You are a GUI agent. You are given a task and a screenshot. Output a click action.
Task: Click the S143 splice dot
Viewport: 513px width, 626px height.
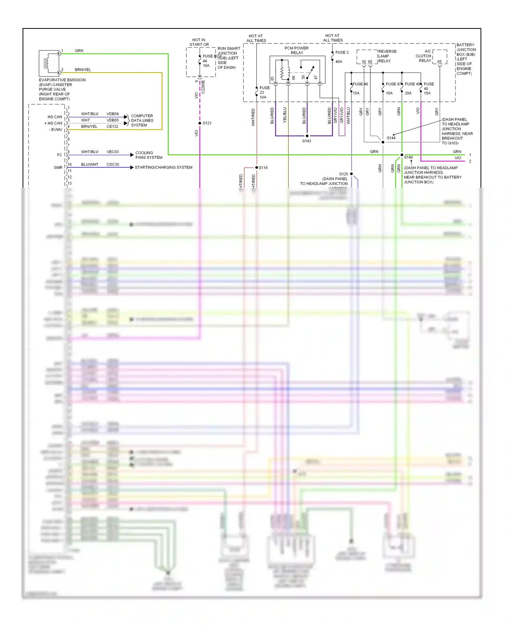[307, 136]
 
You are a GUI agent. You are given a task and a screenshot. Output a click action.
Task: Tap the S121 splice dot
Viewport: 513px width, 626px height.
[200, 123]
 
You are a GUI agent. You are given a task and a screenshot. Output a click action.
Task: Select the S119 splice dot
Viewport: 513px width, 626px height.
[256, 167]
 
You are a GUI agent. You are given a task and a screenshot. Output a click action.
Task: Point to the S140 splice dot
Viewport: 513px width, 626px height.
[402, 155]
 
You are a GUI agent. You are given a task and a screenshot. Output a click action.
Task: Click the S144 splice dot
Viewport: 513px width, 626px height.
[383, 142]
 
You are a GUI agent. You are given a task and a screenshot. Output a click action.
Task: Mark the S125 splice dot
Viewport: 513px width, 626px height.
[351, 174]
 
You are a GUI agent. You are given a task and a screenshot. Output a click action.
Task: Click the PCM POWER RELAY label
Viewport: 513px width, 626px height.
[297, 50]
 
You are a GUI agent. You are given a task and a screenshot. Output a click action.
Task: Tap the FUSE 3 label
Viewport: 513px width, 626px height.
[342, 52]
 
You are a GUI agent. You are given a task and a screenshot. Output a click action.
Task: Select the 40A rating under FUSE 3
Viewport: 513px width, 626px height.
[339, 62]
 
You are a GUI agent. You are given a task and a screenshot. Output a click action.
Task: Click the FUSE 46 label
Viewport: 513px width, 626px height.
[360, 84]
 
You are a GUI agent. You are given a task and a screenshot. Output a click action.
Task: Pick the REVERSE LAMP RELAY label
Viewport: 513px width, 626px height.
[387, 56]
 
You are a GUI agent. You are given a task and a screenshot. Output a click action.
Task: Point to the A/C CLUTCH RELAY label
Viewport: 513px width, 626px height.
[424, 56]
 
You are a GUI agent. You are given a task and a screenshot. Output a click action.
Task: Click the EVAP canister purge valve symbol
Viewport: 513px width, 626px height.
[49, 63]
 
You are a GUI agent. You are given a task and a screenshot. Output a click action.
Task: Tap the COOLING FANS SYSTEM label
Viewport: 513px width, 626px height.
[149, 155]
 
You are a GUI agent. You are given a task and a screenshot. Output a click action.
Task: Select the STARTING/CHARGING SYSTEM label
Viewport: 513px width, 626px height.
[163, 167]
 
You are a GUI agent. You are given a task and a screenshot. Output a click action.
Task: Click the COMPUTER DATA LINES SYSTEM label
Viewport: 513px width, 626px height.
[142, 121]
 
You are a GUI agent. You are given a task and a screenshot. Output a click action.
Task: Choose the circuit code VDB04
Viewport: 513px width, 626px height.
[113, 114]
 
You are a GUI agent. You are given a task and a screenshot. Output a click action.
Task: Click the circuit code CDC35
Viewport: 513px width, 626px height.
[113, 164]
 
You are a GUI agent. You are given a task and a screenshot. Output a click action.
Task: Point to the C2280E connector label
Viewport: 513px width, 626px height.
[203, 87]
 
